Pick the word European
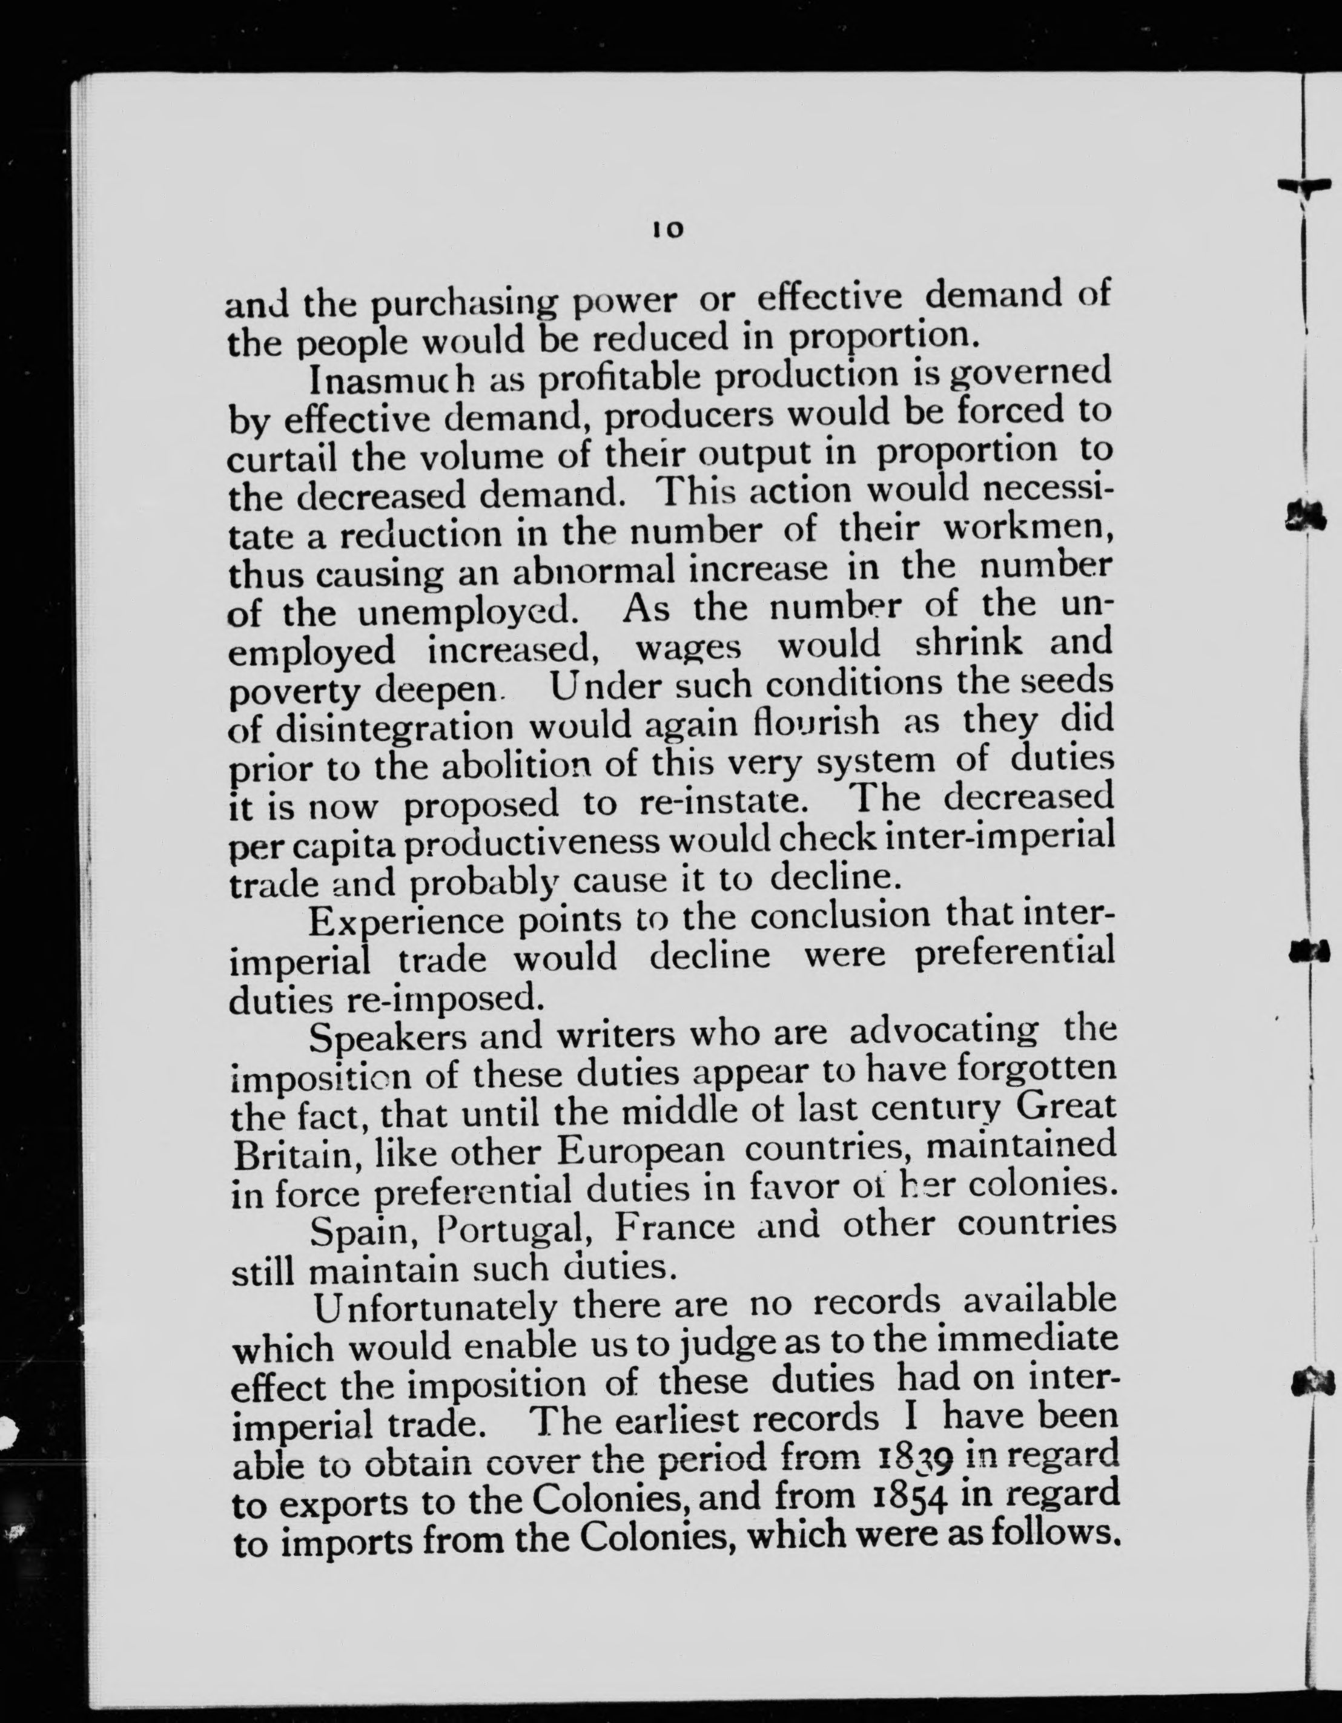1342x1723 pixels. (640, 1150)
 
